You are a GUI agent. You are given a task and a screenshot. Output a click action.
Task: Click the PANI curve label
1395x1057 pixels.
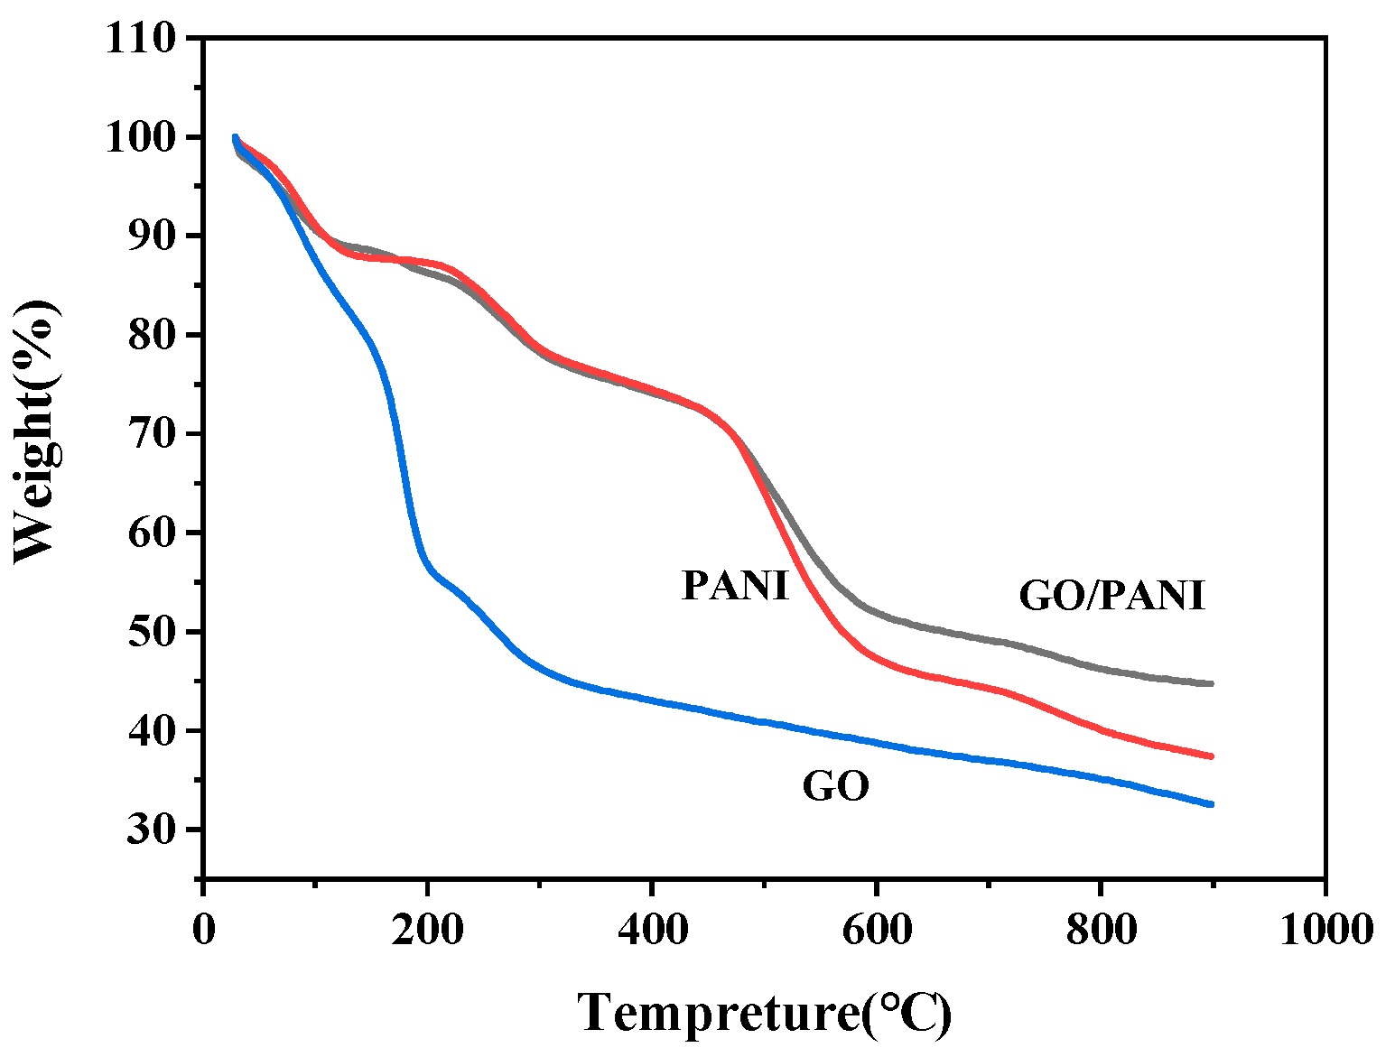point(735,585)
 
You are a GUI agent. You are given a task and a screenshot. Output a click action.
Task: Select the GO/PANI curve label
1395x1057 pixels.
point(1111,596)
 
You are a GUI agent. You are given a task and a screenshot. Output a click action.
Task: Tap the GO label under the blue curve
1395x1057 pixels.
point(835,786)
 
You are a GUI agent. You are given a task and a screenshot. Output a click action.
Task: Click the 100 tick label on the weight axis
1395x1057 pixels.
point(140,137)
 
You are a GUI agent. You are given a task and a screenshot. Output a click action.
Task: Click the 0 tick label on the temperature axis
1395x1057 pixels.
point(204,928)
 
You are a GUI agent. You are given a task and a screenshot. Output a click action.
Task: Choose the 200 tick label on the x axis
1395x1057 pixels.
point(427,928)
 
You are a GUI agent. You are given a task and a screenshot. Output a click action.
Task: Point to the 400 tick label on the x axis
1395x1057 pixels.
point(651,928)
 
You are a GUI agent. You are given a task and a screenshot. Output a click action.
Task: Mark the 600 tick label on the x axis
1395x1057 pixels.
point(876,928)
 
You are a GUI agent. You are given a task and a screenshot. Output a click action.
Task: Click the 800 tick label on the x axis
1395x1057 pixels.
point(1101,928)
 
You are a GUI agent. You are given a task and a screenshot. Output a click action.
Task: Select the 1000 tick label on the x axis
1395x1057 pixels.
point(1325,928)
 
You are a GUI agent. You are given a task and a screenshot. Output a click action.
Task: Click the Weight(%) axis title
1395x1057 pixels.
point(36,431)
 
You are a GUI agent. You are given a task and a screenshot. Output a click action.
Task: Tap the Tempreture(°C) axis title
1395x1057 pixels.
point(764,1012)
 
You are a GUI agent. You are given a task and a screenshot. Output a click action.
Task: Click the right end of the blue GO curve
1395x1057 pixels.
point(1211,803)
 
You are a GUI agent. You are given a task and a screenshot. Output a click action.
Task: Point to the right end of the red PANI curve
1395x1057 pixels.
point(1211,756)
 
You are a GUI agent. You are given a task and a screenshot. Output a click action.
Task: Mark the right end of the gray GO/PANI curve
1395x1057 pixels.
point(1211,683)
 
